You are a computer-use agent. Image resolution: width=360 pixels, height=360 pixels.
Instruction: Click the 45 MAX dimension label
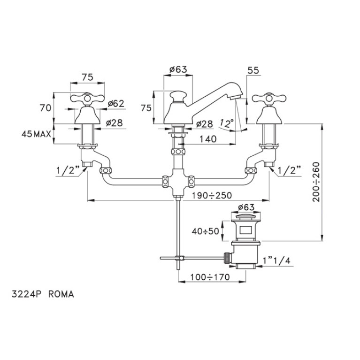pos(36,134)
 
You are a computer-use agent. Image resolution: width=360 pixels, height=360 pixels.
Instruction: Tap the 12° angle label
pos(226,123)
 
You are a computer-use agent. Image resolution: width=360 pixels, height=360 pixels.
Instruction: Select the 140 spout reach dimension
pos(208,139)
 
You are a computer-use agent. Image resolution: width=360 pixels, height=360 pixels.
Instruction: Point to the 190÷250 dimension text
pos(212,196)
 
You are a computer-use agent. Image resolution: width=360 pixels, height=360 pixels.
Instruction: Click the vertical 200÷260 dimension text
pos(316,182)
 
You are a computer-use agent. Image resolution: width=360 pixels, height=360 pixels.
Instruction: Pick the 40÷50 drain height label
pos(205,231)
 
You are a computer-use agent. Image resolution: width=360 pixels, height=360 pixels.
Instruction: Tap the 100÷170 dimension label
pos(210,277)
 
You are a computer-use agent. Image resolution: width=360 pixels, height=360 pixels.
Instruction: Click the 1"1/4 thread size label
pos(276,260)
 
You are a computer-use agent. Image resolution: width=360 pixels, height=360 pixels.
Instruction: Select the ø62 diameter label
pos(116,104)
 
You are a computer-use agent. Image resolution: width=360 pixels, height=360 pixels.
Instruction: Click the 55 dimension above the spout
pos(253,70)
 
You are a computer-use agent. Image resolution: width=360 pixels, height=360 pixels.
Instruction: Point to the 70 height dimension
pos(46,108)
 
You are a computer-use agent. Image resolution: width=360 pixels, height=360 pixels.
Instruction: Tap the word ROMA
pos(61,294)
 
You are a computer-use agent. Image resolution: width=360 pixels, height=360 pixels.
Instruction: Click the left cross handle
pos(87,99)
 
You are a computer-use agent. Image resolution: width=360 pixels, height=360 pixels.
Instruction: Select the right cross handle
pos(269,99)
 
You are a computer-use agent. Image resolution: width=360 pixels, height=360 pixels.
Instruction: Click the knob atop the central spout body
pos(178,96)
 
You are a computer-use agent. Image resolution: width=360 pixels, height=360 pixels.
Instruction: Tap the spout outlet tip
pos(236,97)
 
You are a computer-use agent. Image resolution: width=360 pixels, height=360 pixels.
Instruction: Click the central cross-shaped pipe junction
pos(178,181)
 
